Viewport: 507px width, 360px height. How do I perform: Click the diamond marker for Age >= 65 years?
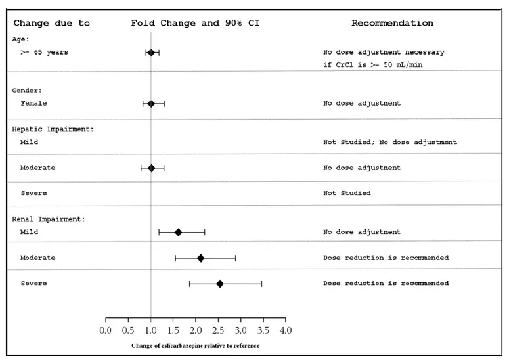[x=151, y=52]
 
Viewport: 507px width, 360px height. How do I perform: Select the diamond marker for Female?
[x=151, y=103]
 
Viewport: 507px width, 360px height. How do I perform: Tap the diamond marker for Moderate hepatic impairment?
[x=151, y=168]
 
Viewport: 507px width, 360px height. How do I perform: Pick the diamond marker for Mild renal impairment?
[x=178, y=232]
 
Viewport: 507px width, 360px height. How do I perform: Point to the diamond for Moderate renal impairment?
[x=200, y=258]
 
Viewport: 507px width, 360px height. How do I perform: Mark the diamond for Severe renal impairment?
[x=220, y=283]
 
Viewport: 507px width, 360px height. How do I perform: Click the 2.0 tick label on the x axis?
[x=196, y=330]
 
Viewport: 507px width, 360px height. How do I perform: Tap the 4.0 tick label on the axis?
[x=285, y=330]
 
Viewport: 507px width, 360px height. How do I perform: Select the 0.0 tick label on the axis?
[x=106, y=330]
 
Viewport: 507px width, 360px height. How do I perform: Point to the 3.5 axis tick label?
[x=263, y=330]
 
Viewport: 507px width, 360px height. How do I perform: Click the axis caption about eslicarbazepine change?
[x=196, y=346]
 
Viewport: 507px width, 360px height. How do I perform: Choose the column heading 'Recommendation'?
[x=392, y=23]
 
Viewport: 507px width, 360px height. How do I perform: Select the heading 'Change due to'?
[x=52, y=23]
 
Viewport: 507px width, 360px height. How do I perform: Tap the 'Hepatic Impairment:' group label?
[x=53, y=129]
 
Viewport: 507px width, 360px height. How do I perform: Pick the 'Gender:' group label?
[x=27, y=90]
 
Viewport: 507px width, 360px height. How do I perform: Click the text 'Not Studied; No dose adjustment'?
[x=389, y=142]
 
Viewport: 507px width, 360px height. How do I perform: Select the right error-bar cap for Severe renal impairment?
[x=261, y=283]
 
